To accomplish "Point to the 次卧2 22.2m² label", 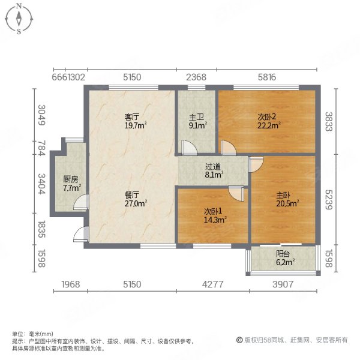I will pyautogui.click(x=265, y=120).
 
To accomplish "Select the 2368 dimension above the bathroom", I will pyautogui.click(x=196, y=77).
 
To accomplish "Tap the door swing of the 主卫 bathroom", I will pyautogui.click(x=186, y=146).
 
